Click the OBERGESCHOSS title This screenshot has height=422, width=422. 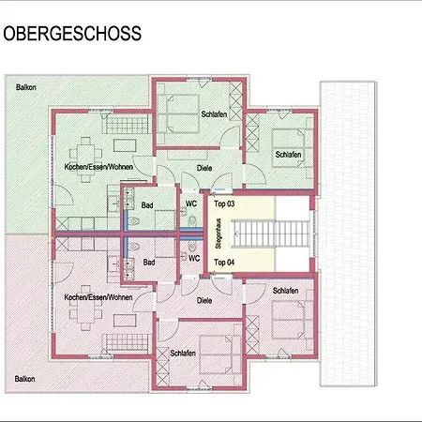coord(72,35)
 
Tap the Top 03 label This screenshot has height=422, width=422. coord(223,203)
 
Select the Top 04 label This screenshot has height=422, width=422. coord(223,262)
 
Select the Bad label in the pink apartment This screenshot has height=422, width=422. coord(147,263)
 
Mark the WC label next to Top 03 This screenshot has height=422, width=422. coord(191,203)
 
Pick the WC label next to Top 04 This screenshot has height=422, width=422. coord(195,258)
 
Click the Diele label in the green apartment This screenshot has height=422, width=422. coord(203,168)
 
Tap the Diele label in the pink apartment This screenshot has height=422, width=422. coord(203,300)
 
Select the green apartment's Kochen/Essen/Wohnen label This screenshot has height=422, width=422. coord(98,166)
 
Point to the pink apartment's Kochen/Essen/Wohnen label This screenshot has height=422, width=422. coord(98,297)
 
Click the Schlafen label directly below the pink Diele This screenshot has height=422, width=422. coord(183,353)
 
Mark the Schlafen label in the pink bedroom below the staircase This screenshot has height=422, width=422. coord(286,292)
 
